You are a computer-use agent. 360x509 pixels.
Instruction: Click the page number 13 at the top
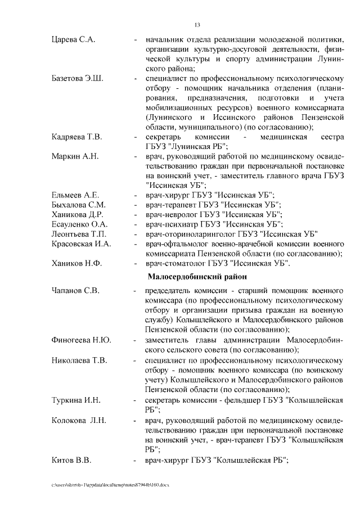click(x=197, y=25)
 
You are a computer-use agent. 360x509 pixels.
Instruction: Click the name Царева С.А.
click(x=73, y=40)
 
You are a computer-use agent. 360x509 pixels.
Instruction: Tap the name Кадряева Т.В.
click(x=76, y=137)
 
